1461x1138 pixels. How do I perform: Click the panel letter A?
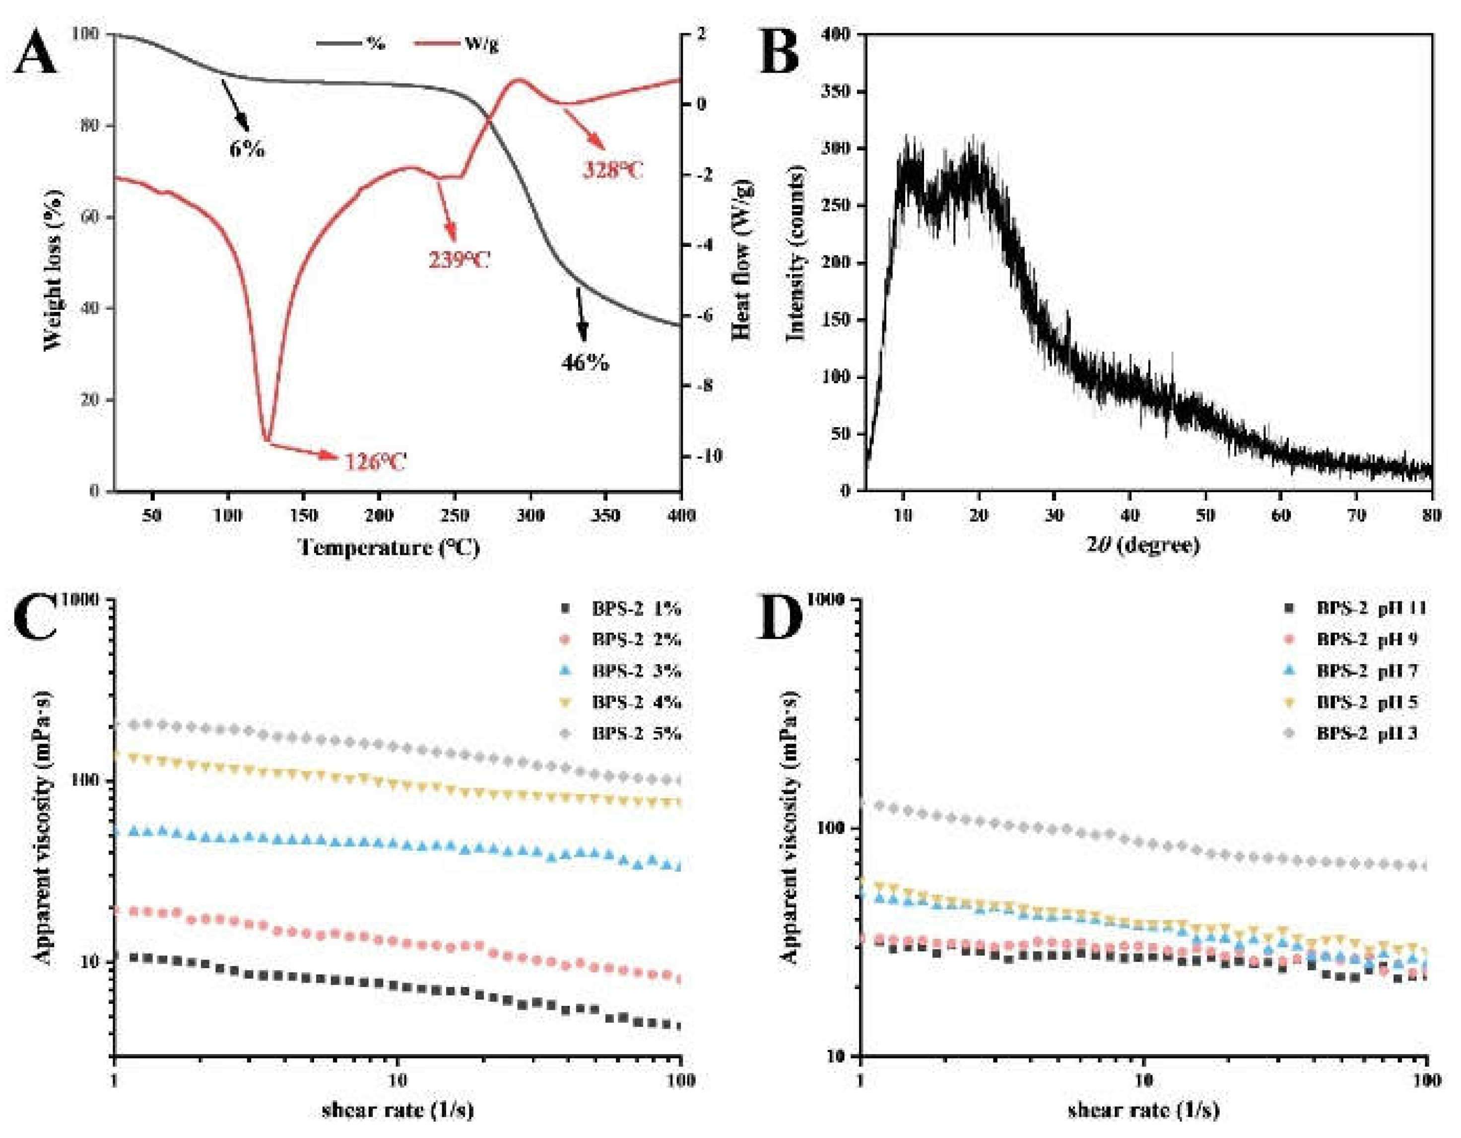pyautogui.click(x=37, y=56)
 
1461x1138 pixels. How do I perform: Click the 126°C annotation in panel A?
pyautogui.click(x=375, y=462)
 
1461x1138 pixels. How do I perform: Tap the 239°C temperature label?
pyautogui.click(x=459, y=260)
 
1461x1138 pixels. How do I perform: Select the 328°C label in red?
pyautogui.click(x=612, y=171)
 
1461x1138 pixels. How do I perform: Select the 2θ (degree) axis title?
pyautogui.click(x=1143, y=545)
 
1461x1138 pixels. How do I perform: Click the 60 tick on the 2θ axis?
pyautogui.click(x=1280, y=516)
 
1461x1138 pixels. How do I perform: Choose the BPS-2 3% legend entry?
pyautogui.click(x=636, y=671)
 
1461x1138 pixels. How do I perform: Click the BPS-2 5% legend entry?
pyautogui.click(x=636, y=734)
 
